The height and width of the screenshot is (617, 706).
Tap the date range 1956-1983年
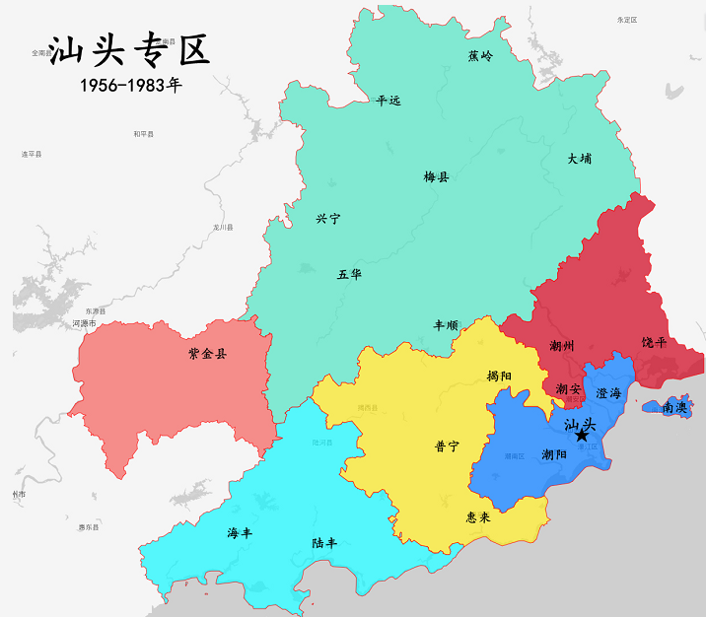pyautogui.click(x=131, y=86)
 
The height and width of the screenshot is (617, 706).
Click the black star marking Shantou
pyautogui.click(x=581, y=435)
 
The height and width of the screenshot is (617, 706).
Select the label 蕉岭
pyautogui.click(x=480, y=56)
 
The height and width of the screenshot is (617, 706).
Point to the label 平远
pyautogui.click(x=388, y=101)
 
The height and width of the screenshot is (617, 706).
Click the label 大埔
pyautogui.click(x=580, y=158)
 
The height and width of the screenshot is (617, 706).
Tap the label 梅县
pyautogui.click(x=437, y=177)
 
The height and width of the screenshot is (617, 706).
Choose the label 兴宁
pyautogui.click(x=327, y=219)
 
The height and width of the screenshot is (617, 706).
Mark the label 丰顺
pyautogui.click(x=446, y=324)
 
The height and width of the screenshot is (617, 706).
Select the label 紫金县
pyautogui.click(x=207, y=353)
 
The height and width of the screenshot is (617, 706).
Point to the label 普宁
pyautogui.click(x=447, y=446)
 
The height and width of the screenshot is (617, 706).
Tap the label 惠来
pyautogui.click(x=478, y=515)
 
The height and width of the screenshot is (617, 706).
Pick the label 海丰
pyautogui.click(x=240, y=533)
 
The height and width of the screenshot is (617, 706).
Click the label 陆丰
pyautogui.click(x=325, y=543)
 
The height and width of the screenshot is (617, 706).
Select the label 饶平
pyautogui.click(x=655, y=342)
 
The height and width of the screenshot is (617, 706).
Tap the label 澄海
pyautogui.click(x=608, y=392)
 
